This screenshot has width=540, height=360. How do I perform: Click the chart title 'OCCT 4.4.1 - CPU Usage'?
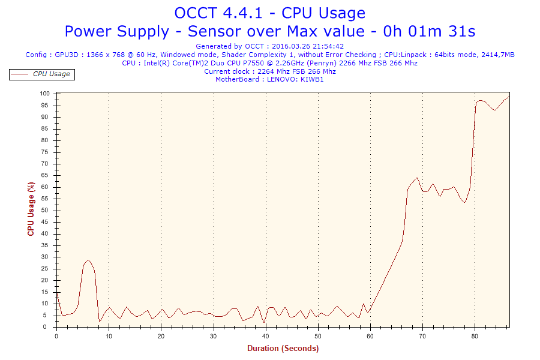pos(269,13)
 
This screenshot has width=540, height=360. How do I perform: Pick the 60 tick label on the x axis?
pos(370,335)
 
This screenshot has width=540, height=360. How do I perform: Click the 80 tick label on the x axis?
pos(475,335)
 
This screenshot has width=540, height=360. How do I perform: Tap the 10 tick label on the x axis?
pos(109,335)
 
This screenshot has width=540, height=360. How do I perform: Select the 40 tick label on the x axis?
pos(266,335)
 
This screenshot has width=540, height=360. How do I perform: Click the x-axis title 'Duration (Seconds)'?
pos(283,348)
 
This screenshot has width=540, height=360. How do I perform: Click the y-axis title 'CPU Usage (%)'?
pos(31,209)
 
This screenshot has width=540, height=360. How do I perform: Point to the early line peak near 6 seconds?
pos(88,260)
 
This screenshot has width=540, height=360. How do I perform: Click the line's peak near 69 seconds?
pos(417,178)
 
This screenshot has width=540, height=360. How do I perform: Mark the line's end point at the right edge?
pos(509,97)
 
